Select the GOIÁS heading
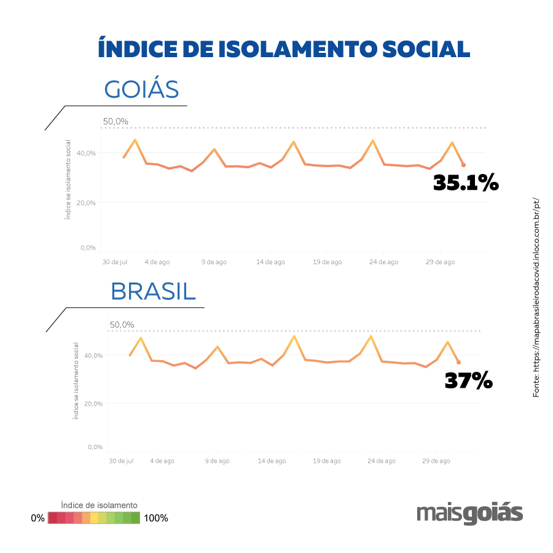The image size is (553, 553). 141,90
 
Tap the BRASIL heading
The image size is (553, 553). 153,292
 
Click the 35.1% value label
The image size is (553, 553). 465,182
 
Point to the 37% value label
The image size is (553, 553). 468,381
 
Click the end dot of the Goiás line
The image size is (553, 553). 463,165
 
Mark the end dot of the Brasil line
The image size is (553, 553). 458,363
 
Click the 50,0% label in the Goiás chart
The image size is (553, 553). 116,121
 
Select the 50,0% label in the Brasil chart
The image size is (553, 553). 122,324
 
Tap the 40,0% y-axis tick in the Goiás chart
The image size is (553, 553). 86,153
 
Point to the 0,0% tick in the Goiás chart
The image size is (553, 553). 87,248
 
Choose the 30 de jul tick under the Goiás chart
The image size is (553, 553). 114,262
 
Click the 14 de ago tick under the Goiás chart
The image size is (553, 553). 270,262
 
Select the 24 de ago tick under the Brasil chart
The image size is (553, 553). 382,460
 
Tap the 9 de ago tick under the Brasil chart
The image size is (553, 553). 216,460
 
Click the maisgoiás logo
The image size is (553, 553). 469,514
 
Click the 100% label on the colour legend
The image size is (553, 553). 155,518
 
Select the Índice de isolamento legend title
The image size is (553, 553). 100,505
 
